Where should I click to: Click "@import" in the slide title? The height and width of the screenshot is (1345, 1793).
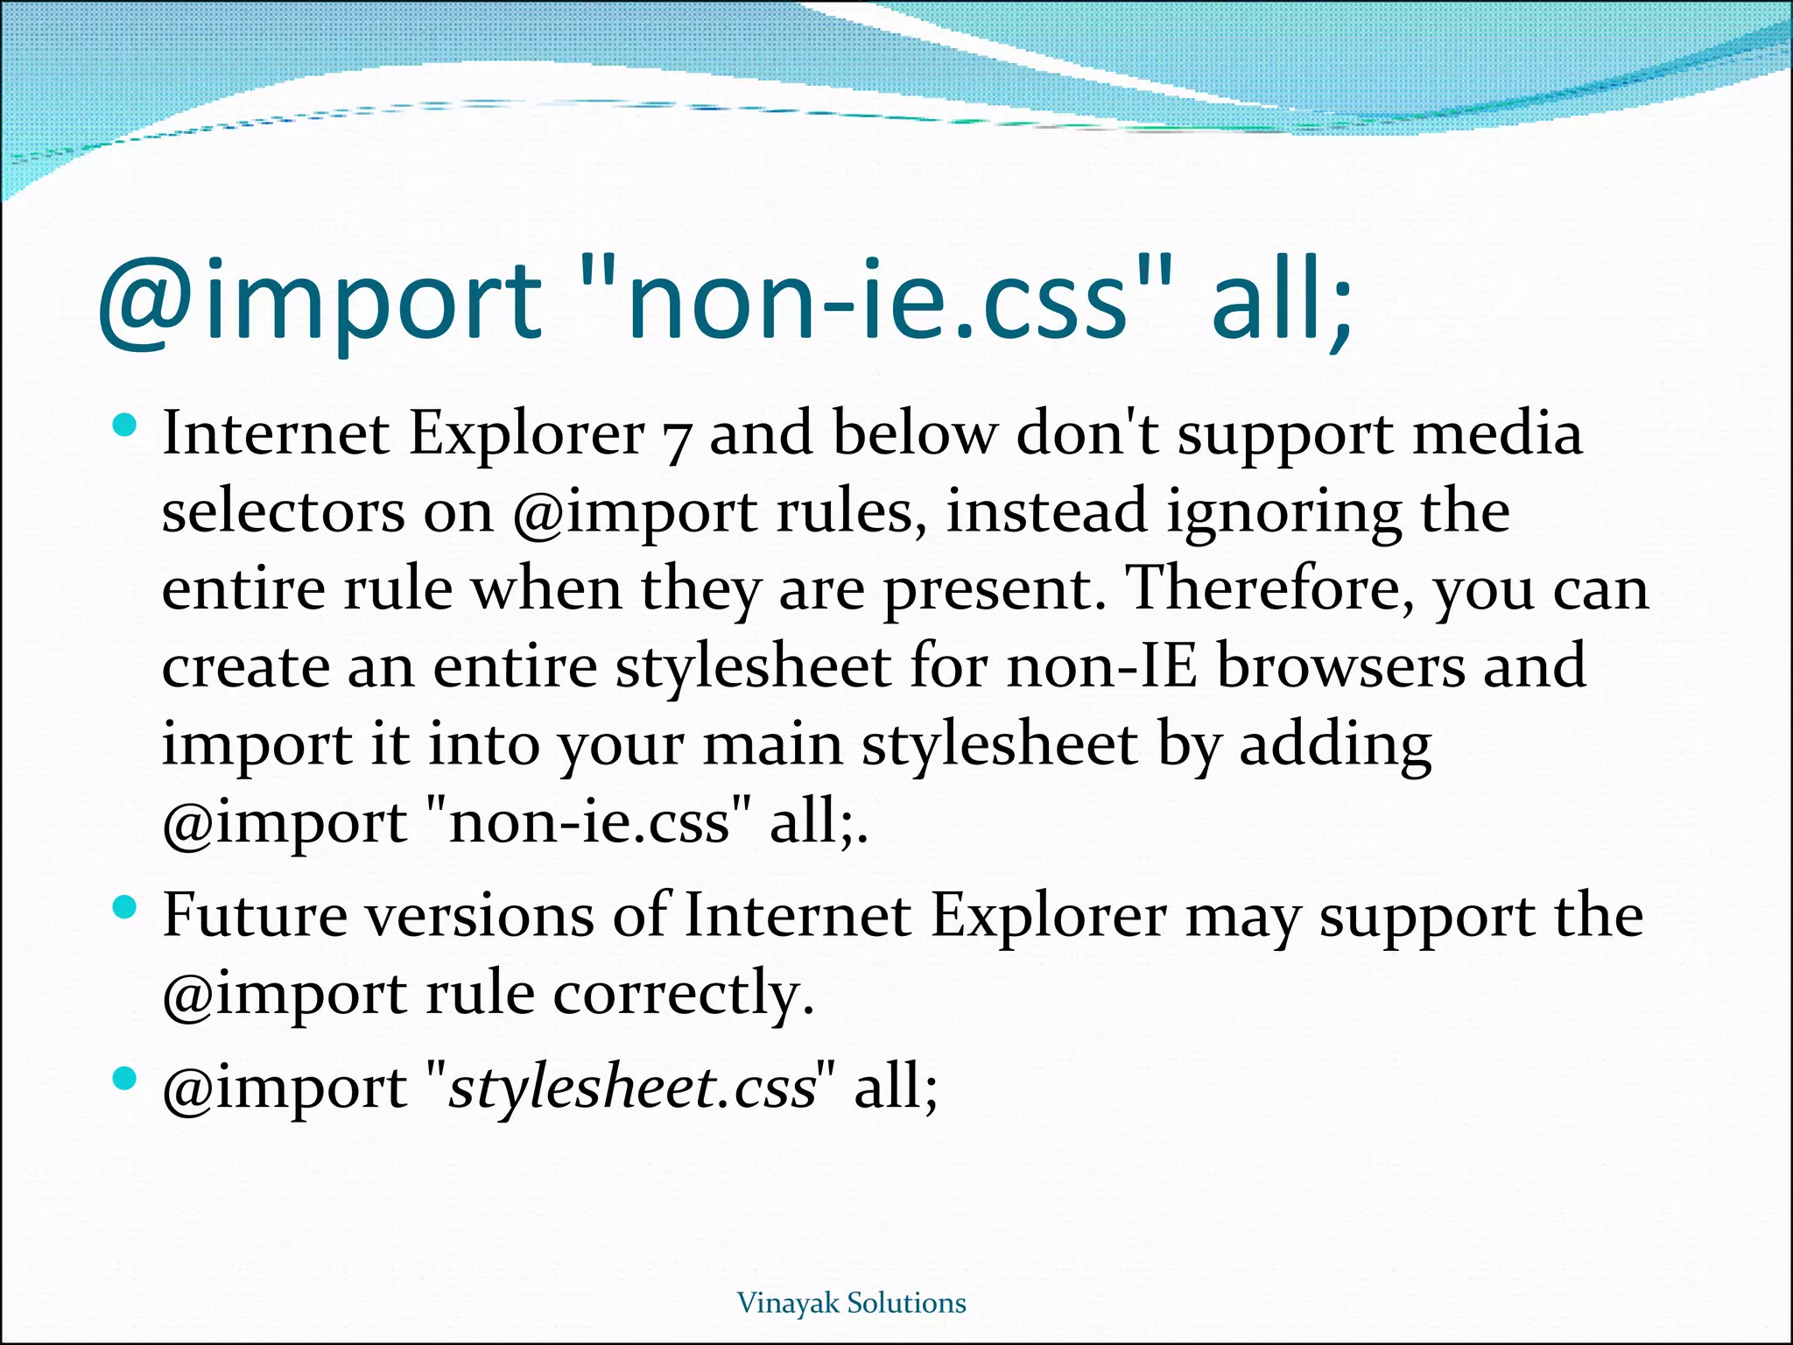click(320, 301)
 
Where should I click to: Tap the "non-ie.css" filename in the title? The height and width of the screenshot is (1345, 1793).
click(875, 301)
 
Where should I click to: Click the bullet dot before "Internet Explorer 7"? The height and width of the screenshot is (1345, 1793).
click(125, 426)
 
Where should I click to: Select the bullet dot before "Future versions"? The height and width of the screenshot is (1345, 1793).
click(125, 908)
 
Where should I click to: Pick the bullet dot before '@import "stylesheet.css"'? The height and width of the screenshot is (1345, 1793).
click(125, 1079)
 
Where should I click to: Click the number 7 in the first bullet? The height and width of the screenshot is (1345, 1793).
click(677, 438)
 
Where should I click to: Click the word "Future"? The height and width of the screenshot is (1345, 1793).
click(256, 916)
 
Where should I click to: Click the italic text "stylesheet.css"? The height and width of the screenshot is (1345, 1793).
click(632, 1088)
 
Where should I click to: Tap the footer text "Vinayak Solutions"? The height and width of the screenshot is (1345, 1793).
click(851, 1303)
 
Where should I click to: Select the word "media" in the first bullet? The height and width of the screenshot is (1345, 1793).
click(1497, 433)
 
